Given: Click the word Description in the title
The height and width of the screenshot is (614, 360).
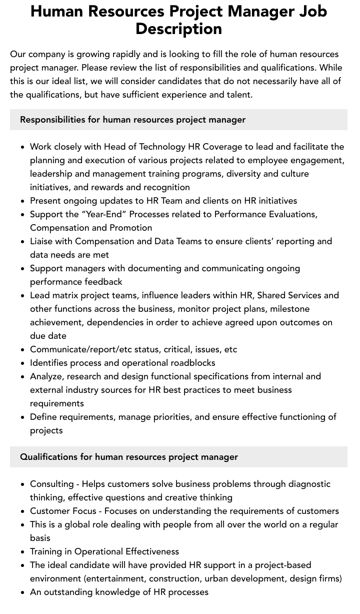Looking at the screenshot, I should point(178,29).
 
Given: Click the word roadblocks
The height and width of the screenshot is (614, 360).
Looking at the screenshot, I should point(191,363).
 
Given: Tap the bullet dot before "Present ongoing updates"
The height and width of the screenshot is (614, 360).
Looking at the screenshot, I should point(22,201).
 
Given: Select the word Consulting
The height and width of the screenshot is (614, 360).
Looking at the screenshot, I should point(51,484).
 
